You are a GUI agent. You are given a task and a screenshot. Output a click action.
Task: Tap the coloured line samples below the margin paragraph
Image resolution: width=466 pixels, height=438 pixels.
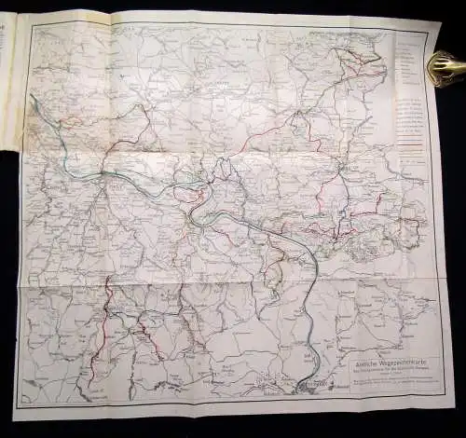pos(408,149)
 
